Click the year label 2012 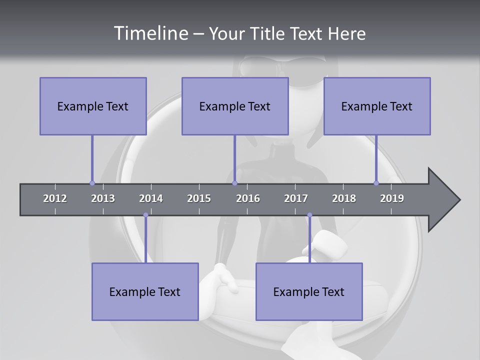(x=55, y=198)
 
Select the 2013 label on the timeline (x=103, y=198)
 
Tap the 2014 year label (x=151, y=198)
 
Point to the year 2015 (x=199, y=198)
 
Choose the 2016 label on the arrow (x=248, y=198)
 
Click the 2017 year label (x=296, y=198)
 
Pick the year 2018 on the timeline (x=344, y=198)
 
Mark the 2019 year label (x=392, y=198)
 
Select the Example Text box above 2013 (x=93, y=106)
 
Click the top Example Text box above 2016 (x=235, y=106)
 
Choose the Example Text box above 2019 (x=377, y=106)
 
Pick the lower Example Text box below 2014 (x=145, y=291)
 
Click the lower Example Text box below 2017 (x=309, y=291)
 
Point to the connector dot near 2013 (x=92, y=183)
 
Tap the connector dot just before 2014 (x=145, y=215)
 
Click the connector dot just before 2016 (x=234, y=183)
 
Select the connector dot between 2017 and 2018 (x=309, y=215)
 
